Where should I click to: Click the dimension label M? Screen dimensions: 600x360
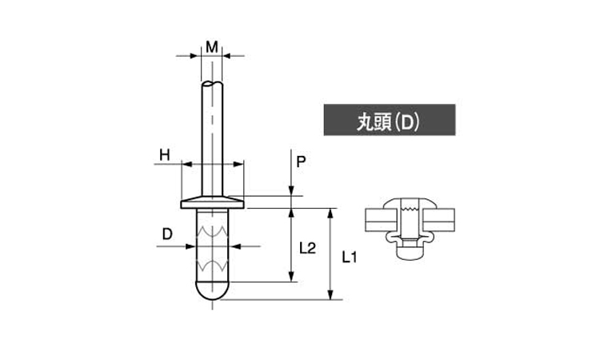[212, 47]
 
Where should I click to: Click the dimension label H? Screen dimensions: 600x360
[165, 155]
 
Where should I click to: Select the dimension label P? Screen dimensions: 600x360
[301, 162]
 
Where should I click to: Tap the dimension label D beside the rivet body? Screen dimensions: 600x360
[167, 234]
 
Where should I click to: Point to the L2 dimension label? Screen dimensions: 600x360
[308, 248]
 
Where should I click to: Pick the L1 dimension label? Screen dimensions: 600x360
[349, 258]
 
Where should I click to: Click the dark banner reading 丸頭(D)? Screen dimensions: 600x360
[390, 120]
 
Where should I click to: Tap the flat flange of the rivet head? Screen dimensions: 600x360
[212, 205]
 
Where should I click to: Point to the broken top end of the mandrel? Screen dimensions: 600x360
[212, 83]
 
